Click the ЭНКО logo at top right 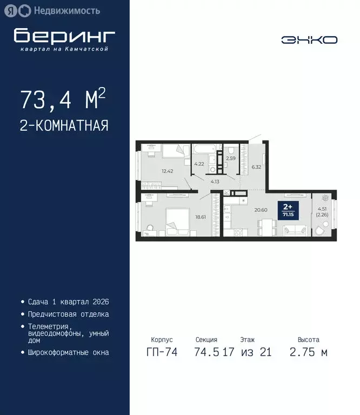[x=309, y=39]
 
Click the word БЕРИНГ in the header [x=64, y=36]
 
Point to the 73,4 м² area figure [x=63, y=99]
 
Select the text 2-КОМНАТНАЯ [x=64, y=125]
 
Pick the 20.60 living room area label [x=261, y=210]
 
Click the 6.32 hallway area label [x=256, y=167]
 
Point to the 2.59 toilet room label [x=231, y=158]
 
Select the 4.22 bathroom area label [x=199, y=164]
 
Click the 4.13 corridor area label [x=215, y=182]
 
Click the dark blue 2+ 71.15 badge [x=288, y=210]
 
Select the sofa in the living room [x=296, y=231]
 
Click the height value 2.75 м [x=308, y=353]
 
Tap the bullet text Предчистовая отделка [x=69, y=314]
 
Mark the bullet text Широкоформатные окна [x=69, y=352]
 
